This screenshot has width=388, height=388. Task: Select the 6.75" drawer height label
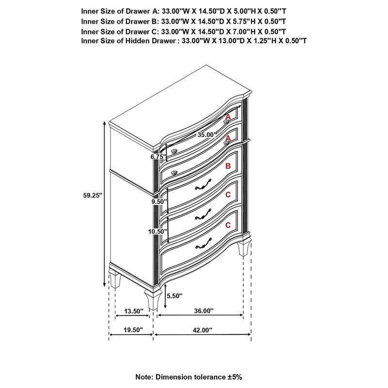click(x=158, y=157)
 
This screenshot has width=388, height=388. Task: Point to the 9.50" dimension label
click(x=159, y=200)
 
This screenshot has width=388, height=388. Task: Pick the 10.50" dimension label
click(x=158, y=231)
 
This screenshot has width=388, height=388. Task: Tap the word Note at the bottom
click(x=144, y=376)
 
